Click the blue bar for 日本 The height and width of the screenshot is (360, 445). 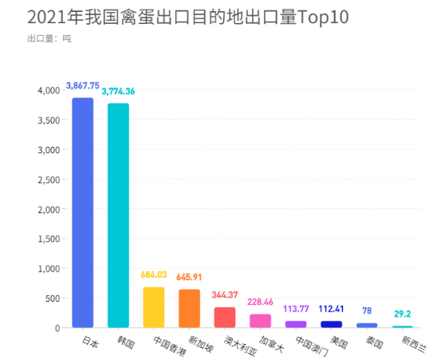(x=83, y=212)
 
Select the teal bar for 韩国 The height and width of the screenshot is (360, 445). (x=118, y=216)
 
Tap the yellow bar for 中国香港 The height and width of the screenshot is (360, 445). (x=153, y=307)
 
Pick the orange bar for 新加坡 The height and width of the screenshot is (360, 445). (x=189, y=308)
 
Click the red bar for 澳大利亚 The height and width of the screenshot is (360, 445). (x=224, y=318)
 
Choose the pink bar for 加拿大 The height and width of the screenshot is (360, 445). (x=260, y=321)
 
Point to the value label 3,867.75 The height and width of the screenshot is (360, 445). (x=83, y=85)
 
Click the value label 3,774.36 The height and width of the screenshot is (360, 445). (x=118, y=91)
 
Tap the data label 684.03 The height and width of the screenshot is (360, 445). (x=154, y=275)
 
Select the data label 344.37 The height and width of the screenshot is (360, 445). (x=225, y=295)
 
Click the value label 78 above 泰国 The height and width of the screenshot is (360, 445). (x=367, y=311)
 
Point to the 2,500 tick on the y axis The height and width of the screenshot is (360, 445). (x=49, y=180)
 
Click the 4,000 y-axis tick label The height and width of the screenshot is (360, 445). (x=49, y=91)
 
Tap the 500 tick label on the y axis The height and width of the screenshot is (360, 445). (x=53, y=299)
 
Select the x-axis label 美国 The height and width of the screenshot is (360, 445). (x=338, y=342)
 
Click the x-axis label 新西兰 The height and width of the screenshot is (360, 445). (x=413, y=345)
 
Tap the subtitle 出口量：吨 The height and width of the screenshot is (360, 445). (x=49, y=38)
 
